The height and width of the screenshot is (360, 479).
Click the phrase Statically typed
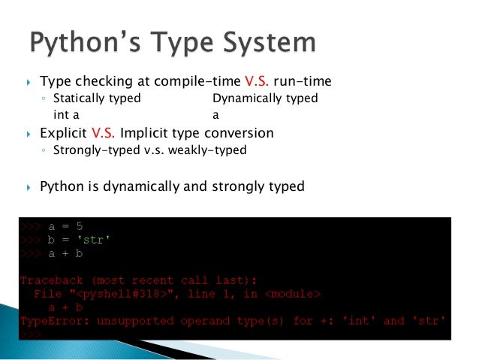pos(97,98)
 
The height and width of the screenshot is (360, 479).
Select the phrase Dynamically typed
pos(265,98)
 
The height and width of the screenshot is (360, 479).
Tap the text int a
pos(66,115)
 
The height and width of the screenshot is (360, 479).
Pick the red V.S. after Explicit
pos(106,133)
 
